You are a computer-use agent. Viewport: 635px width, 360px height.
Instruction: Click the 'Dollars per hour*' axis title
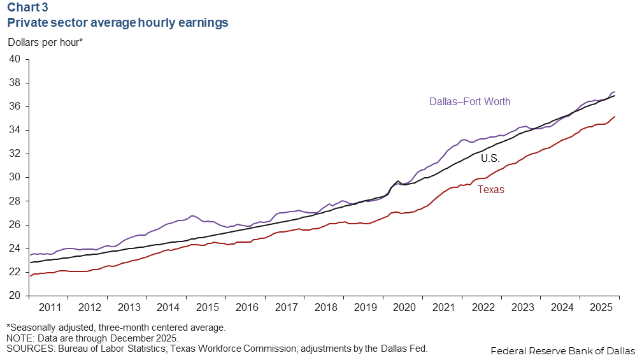click(45, 43)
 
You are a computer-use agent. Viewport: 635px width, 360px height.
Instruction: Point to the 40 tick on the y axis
click(15, 59)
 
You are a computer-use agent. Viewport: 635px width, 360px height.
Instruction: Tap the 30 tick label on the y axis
click(15, 177)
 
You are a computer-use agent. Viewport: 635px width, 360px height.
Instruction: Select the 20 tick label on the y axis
click(15, 296)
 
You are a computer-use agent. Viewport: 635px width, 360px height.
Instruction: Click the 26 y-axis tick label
click(15, 225)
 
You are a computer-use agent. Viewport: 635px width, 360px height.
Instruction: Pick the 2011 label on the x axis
click(49, 308)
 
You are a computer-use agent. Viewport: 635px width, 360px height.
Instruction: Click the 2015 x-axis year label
click(207, 308)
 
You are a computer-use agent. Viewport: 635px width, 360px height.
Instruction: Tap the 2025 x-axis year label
click(601, 308)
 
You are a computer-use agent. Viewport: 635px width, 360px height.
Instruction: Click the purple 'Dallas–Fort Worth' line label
click(469, 101)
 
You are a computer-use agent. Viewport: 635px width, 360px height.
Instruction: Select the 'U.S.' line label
click(490, 157)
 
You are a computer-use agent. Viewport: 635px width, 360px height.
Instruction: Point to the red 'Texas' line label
click(490, 189)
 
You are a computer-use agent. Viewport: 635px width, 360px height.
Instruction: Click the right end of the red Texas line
click(615, 117)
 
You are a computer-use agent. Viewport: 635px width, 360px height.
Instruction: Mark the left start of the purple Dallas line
click(30, 255)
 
